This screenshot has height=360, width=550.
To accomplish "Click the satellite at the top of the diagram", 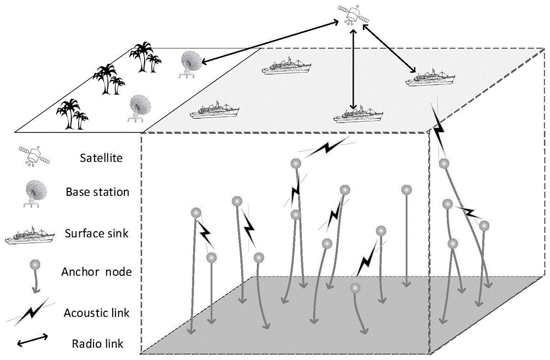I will pyautogui.click(x=353, y=15).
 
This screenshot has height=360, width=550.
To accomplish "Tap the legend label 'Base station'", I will pyautogui.click(x=97, y=192).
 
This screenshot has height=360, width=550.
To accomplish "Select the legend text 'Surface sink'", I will pyautogui.click(x=97, y=233).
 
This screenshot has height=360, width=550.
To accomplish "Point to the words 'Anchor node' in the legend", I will pyautogui.click(x=97, y=271).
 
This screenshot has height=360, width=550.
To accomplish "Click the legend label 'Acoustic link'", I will pyautogui.click(x=97, y=313).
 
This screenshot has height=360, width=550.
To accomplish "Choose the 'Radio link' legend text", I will pyautogui.click(x=98, y=345).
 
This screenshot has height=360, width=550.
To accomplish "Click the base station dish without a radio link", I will pyautogui.click(x=139, y=107).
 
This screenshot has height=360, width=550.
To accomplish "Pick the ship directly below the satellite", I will pyautogui.click(x=358, y=115).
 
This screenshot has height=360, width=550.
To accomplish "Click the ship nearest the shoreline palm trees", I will pyautogui.click(x=216, y=110).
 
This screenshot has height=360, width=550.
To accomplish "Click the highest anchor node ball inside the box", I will pyautogui.click(x=296, y=163).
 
